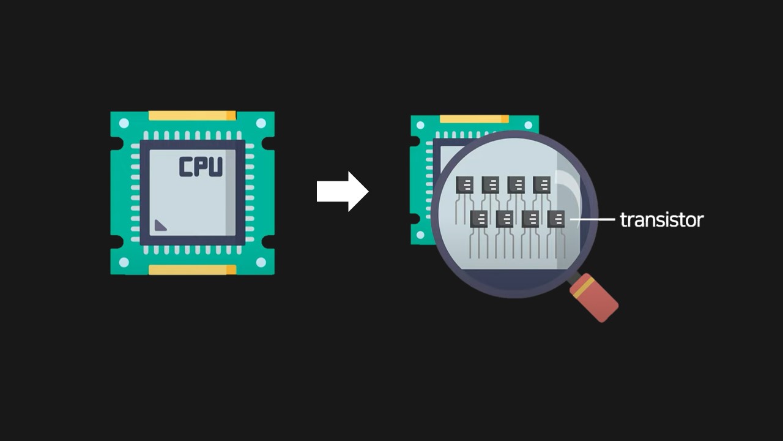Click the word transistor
(x=661, y=220)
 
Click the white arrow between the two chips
(x=342, y=192)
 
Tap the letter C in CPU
(x=186, y=167)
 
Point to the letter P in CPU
(x=201, y=167)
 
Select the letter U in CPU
(x=215, y=167)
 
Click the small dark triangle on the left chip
(x=160, y=225)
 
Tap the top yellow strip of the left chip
(x=192, y=115)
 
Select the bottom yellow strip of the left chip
(x=192, y=269)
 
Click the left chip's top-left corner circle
(x=124, y=124)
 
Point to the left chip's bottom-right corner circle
(x=261, y=262)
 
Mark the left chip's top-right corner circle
(x=261, y=124)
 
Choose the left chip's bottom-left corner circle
(x=124, y=262)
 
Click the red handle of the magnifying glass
(x=598, y=302)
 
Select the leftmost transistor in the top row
(x=465, y=184)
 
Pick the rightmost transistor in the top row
(x=542, y=184)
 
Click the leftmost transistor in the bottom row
(x=479, y=219)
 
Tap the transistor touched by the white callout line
(x=556, y=219)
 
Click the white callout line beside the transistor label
(x=592, y=219)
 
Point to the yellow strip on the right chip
(x=473, y=119)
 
